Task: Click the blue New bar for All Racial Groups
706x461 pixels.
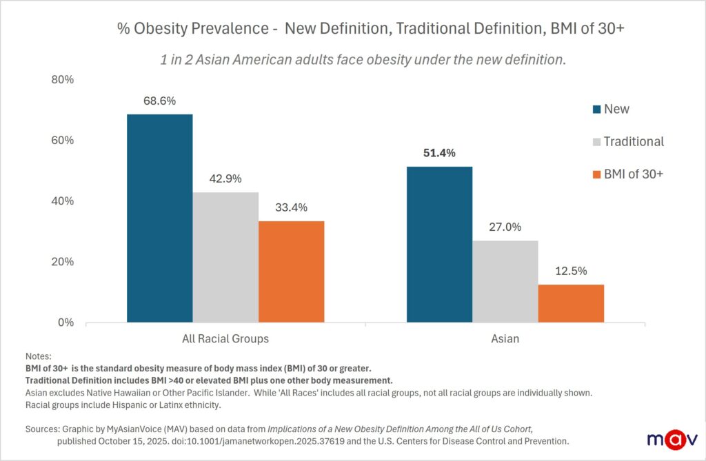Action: coord(159,218)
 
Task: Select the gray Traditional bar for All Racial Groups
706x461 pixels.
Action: coord(225,257)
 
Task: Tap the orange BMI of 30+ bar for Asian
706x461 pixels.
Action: coord(571,303)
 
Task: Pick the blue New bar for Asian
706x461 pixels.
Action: coord(439,244)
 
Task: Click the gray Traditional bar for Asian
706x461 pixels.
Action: coord(505,281)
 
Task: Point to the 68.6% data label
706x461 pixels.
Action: coord(159,101)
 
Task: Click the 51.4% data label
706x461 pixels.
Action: coord(439,153)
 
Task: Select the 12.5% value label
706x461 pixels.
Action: coord(571,271)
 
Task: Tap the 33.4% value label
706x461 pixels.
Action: coord(291,207)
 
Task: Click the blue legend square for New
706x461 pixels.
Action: coord(596,109)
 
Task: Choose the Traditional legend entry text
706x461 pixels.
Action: coord(634,141)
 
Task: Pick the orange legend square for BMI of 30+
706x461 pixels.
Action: coord(596,174)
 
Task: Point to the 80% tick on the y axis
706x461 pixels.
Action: coord(63,80)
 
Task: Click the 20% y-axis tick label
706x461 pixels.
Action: coord(63,262)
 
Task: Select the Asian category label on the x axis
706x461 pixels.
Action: coord(505,339)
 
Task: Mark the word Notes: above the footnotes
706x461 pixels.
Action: coord(38,356)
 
